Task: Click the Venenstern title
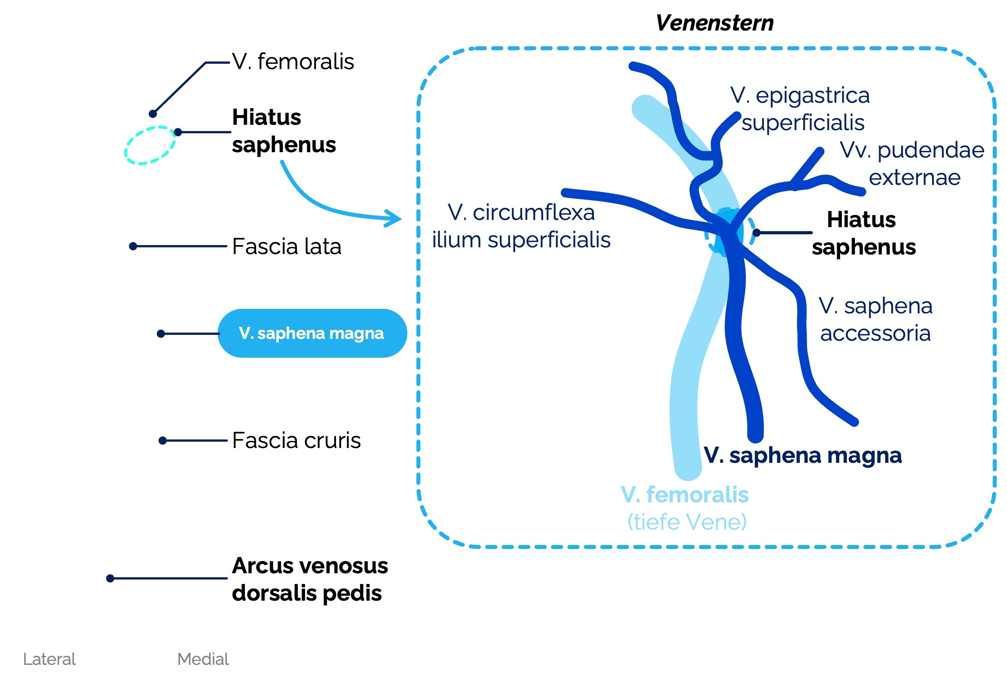tap(714, 23)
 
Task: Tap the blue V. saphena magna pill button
tap(312, 333)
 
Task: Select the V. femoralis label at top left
tap(292, 62)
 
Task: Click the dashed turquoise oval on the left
tap(150, 145)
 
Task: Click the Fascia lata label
tap(286, 246)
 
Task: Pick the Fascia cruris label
tap(296, 440)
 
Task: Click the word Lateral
tap(49, 659)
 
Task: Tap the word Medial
tap(203, 659)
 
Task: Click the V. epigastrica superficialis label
tap(801, 109)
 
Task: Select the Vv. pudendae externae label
tap(912, 163)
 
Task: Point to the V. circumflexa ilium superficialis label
tap(521, 226)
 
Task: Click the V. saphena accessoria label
tap(875, 319)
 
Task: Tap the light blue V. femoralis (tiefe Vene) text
tap(685, 508)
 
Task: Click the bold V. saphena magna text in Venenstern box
tap(802, 455)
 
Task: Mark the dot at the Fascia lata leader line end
tap(133, 246)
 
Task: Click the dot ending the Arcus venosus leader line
tap(110, 578)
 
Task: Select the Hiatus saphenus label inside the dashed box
tap(863, 233)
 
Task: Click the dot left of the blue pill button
tap(161, 334)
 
